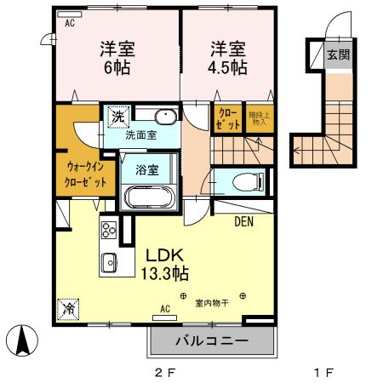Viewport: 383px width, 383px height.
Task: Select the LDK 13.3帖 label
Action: click(x=159, y=263)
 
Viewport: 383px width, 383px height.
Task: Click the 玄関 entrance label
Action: click(x=338, y=55)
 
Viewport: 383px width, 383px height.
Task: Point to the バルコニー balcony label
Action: click(x=212, y=341)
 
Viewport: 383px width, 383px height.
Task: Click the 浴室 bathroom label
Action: click(x=147, y=169)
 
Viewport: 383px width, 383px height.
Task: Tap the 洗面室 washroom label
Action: click(x=140, y=134)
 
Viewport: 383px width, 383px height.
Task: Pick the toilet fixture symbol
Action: click(x=248, y=181)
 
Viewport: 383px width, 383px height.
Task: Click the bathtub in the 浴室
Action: click(x=150, y=197)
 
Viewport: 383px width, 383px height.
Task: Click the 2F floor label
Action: click(x=163, y=372)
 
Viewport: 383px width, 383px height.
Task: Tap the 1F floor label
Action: click(x=323, y=372)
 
